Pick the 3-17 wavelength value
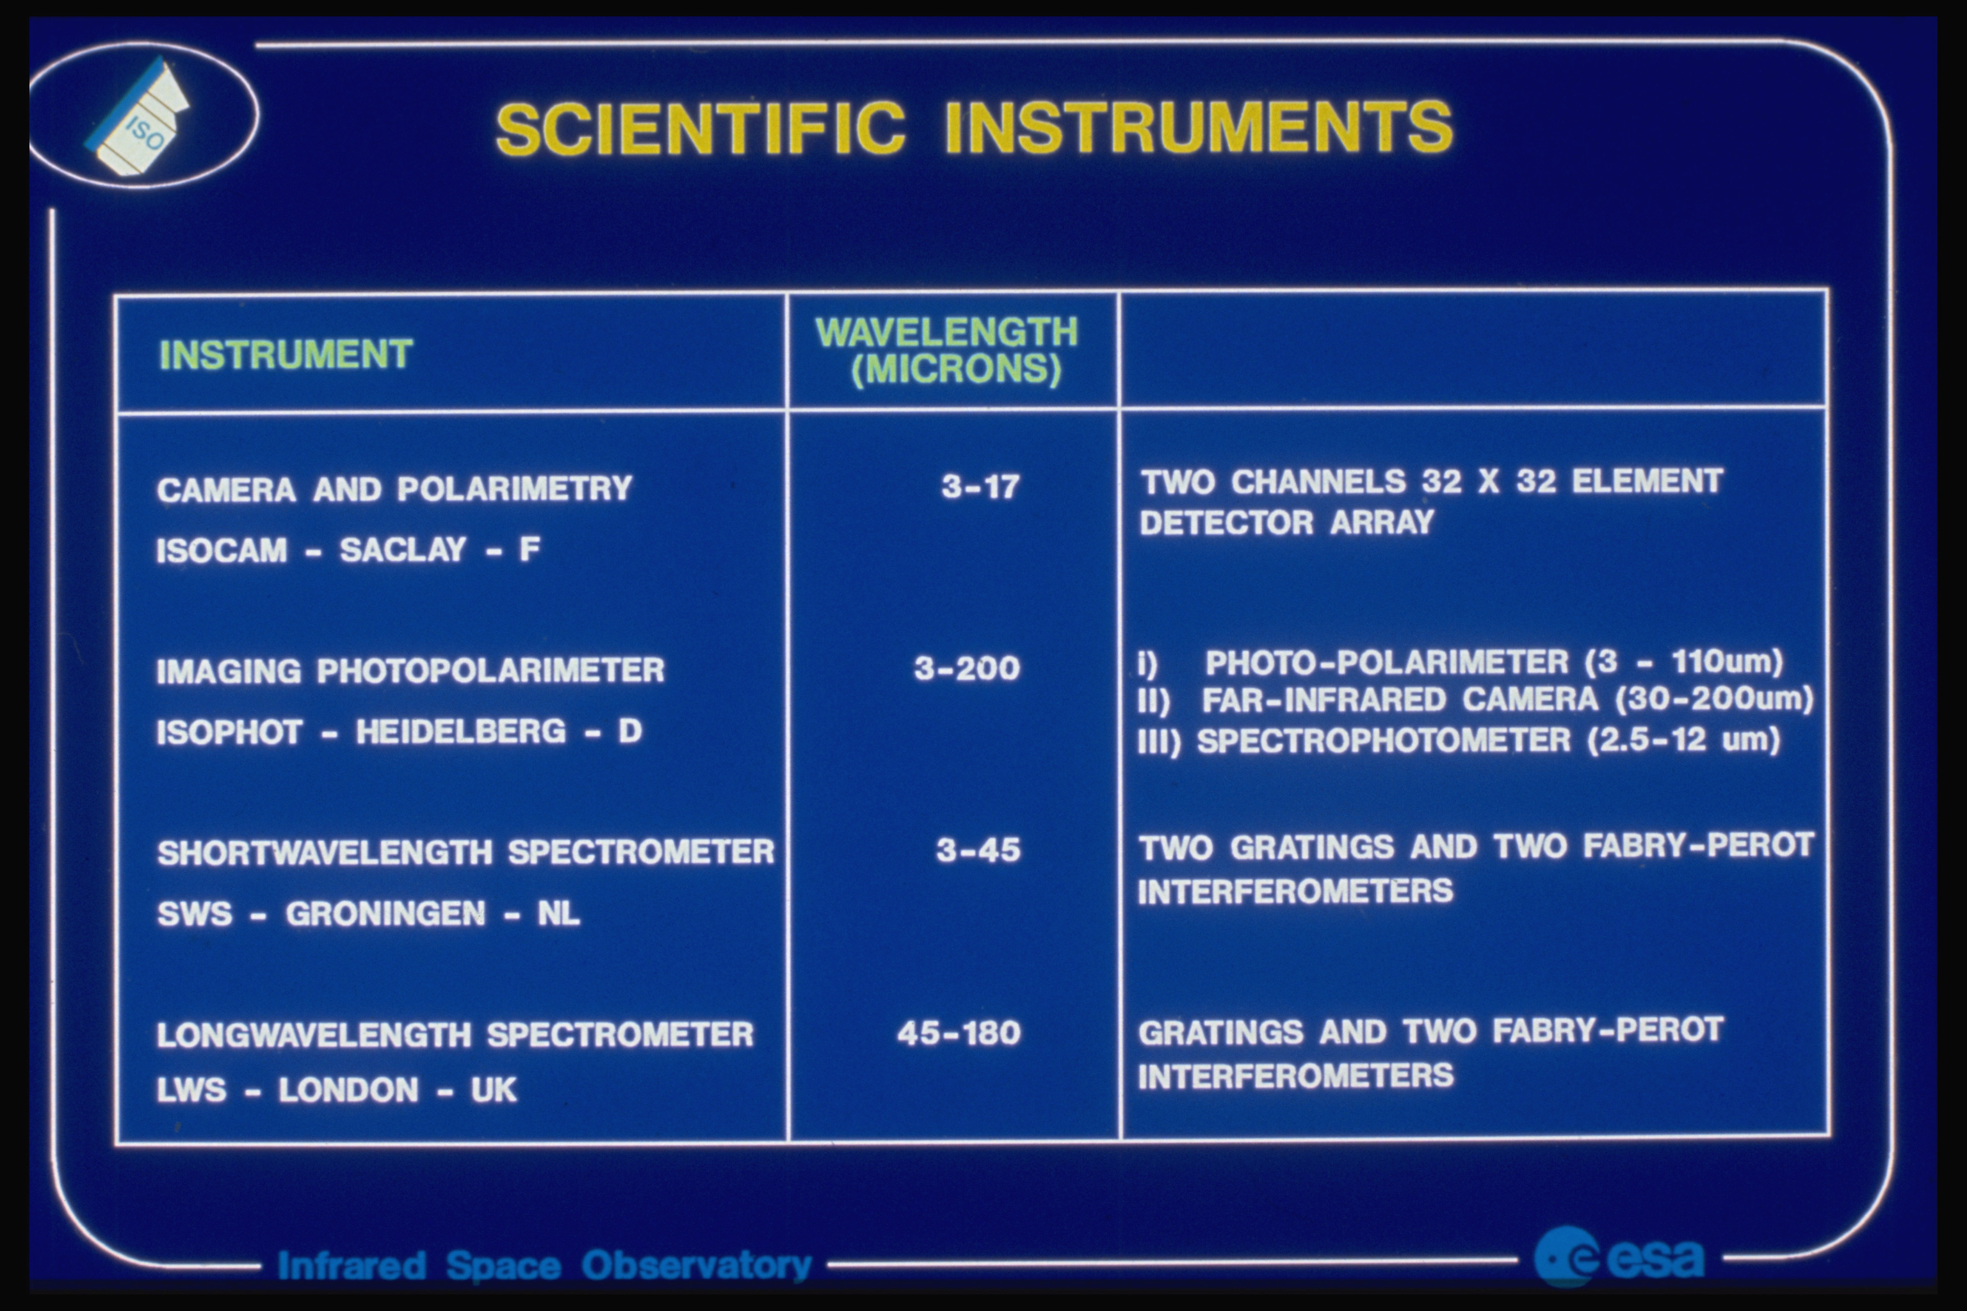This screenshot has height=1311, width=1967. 980,486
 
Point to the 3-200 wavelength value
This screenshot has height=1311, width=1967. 967,668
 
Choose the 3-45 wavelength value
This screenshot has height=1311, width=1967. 978,850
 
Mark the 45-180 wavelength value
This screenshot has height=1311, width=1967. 959,1033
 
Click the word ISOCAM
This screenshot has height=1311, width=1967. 222,550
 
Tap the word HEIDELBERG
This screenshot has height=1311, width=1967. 461,732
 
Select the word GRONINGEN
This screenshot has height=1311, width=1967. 385,913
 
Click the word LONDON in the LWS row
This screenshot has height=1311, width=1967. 348,1090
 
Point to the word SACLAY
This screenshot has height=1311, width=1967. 402,550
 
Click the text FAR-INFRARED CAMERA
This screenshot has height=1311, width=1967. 1399,700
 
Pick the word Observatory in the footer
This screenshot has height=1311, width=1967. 697,1266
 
